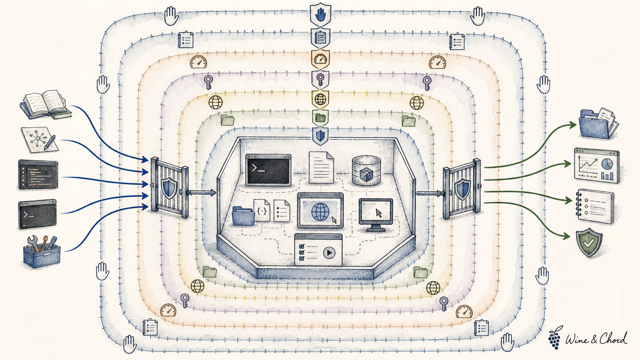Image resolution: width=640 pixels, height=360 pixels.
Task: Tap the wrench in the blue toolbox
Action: (x=33, y=243)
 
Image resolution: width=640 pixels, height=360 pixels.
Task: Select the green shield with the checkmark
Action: (x=589, y=243)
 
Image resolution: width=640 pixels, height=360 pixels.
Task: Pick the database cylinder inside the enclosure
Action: (x=366, y=170)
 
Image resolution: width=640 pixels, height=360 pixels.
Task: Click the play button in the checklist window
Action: (x=329, y=252)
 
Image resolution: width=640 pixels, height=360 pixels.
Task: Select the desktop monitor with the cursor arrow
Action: (x=376, y=215)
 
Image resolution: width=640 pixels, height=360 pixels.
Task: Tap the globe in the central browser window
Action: (x=320, y=212)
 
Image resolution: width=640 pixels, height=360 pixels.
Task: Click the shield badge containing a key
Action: (x=320, y=79)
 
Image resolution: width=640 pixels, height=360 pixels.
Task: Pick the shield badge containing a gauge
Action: (x=320, y=59)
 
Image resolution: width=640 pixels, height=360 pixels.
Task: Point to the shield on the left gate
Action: (x=169, y=187)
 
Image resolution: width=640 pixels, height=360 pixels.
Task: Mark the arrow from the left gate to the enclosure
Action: (x=201, y=193)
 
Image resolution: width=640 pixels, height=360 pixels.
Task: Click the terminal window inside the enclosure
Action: (x=268, y=170)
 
